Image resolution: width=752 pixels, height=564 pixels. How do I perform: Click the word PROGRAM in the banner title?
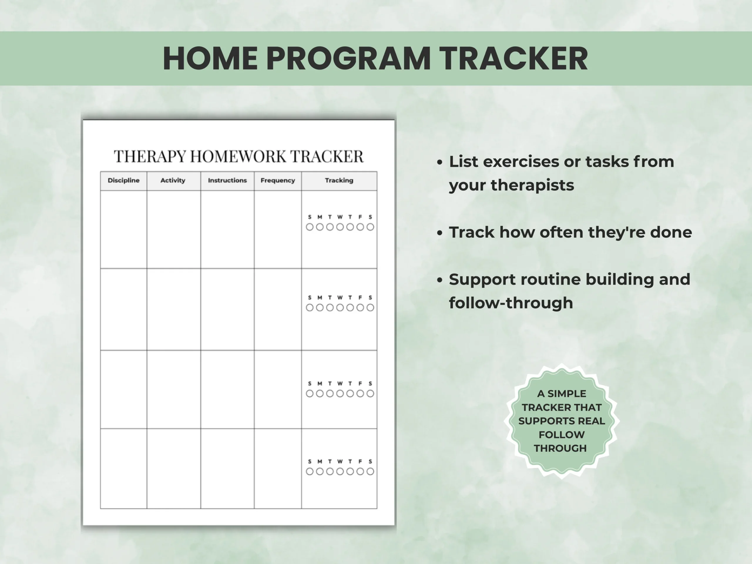[x=348, y=58]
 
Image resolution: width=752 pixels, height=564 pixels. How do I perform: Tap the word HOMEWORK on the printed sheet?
[x=238, y=156]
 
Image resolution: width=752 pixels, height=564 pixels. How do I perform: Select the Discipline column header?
[x=123, y=181]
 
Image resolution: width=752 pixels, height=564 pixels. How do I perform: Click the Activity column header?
[x=173, y=181]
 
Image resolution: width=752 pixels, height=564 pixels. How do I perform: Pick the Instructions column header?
[x=227, y=181]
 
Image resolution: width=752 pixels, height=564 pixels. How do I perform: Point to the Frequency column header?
[x=278, y=181]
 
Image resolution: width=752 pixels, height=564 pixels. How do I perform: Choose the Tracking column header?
[x=339, y=181]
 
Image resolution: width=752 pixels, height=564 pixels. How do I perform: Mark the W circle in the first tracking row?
[x=340, y=227]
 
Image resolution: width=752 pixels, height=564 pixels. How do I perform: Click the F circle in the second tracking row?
[x=360, y=308]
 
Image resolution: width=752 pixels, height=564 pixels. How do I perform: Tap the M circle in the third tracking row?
[x=320, y=394]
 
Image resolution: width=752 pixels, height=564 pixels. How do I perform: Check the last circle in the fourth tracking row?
[x=370, y=471]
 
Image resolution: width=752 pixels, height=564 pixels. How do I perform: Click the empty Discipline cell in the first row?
[x=123, y=229]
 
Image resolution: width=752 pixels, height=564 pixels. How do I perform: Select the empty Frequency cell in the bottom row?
[x=278, y=469]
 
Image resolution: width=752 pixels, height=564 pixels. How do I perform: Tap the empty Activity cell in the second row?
[x=174, y=309]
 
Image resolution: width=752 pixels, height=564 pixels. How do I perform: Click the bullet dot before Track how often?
[x=440, y=233]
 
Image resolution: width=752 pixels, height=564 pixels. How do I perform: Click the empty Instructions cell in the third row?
[x=227, y=390]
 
